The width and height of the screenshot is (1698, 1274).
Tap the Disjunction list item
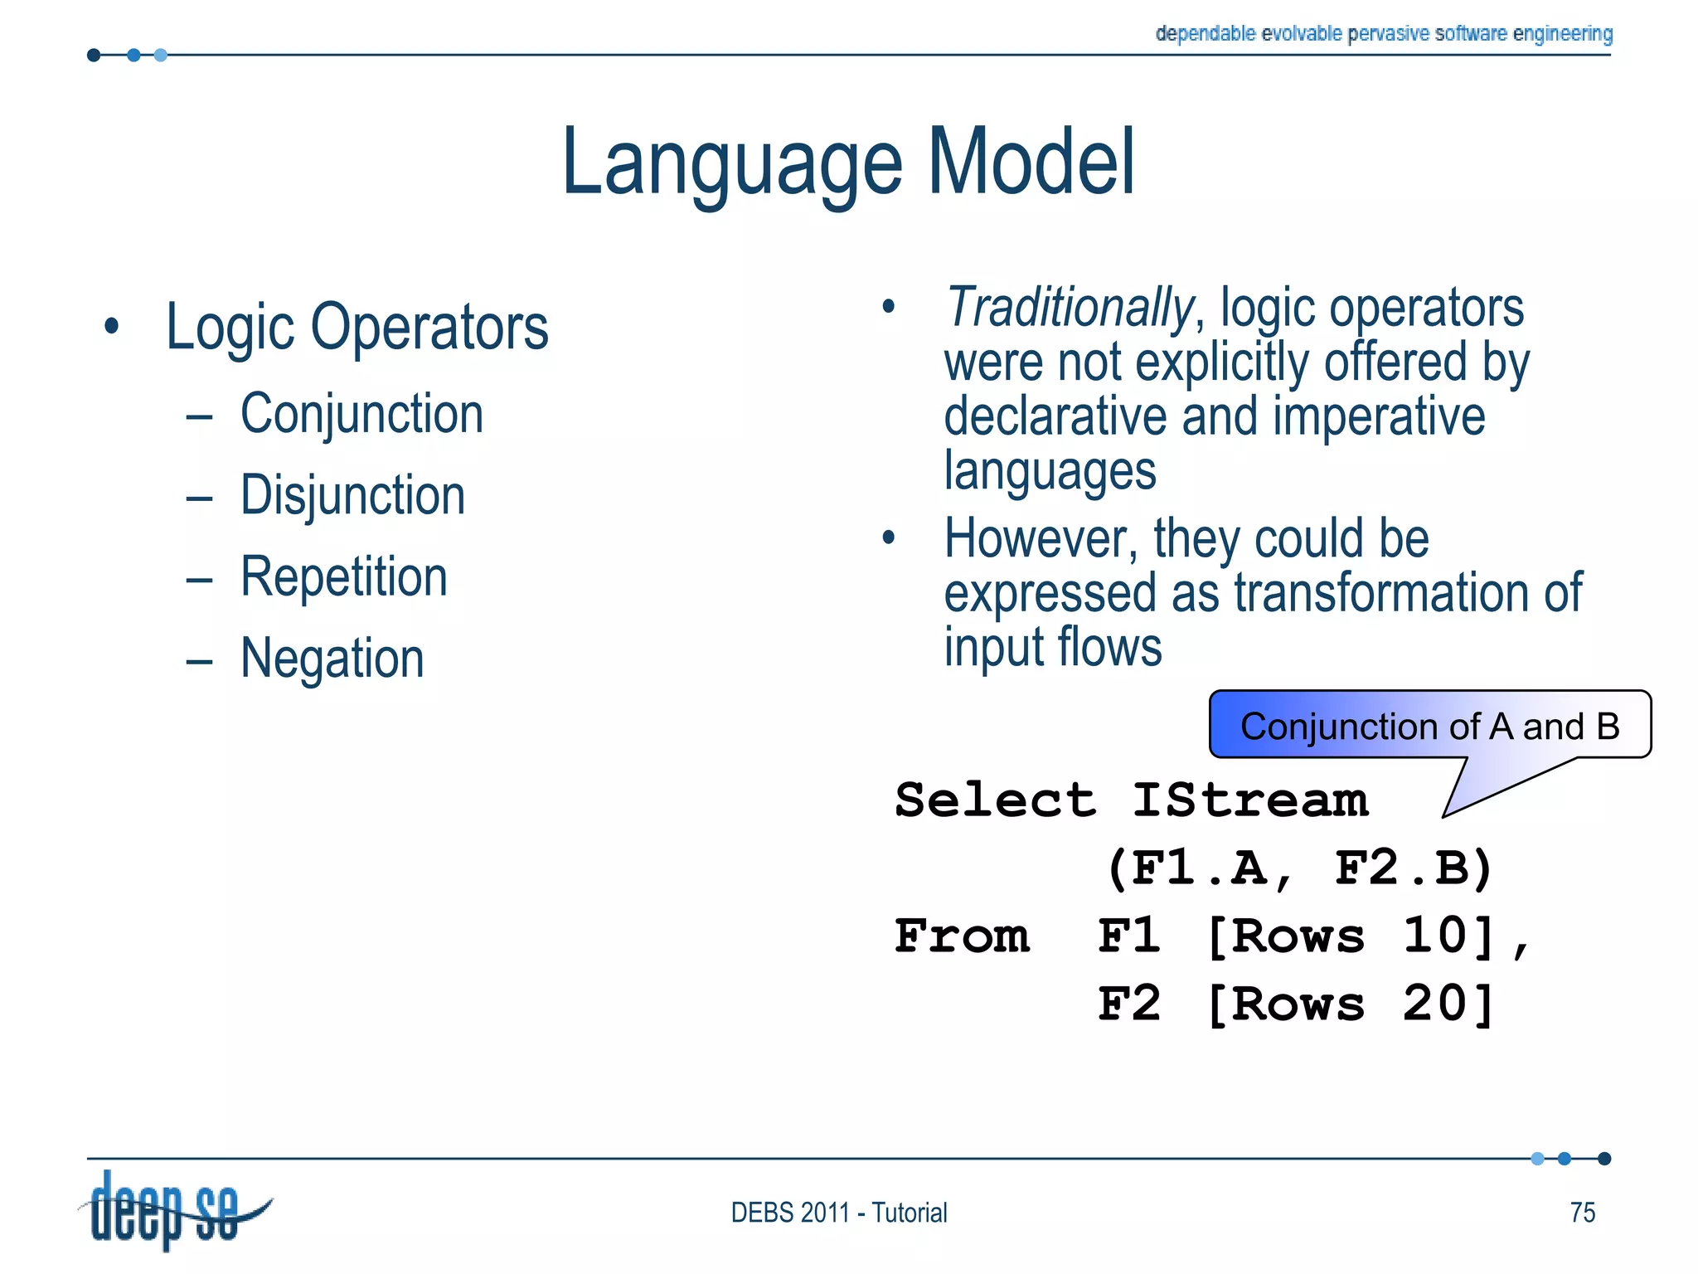352,495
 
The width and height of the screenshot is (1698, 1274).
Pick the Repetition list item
343,576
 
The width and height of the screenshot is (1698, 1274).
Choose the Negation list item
332,659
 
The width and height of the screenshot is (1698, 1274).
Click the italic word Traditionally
1069,308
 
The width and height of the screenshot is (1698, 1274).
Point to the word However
1040,539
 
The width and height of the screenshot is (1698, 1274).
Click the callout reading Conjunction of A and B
1429,727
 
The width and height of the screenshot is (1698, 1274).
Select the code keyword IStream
1249,800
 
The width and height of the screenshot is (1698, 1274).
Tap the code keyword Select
995,800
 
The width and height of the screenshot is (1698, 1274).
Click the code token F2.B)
1414,868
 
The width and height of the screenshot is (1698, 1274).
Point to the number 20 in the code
1436,1004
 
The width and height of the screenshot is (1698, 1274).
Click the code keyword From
962,936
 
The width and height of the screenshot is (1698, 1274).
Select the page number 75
1582,1213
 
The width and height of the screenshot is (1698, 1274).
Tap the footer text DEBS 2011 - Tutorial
838,1213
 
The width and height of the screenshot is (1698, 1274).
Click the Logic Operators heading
357,328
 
